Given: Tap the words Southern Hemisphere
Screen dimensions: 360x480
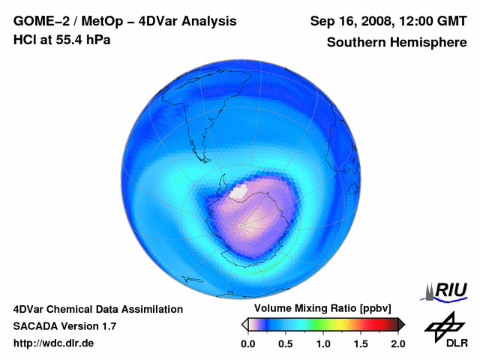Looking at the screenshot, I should tap(397, 42).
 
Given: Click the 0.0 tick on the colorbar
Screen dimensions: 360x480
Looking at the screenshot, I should tap(247, 343).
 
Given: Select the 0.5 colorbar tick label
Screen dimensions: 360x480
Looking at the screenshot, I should tap(285, 343).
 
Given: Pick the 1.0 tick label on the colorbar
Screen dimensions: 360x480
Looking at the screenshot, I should tap(323, 343).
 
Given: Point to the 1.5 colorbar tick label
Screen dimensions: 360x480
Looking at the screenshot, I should tap(361, 343).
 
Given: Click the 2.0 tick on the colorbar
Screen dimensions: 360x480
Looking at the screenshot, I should tap(397, 343).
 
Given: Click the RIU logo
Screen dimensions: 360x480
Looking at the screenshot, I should tap(445, 291).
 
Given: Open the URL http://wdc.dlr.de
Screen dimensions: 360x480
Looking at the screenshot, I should tap(54, 343).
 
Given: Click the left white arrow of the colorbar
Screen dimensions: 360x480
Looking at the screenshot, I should tap(244, 324).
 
